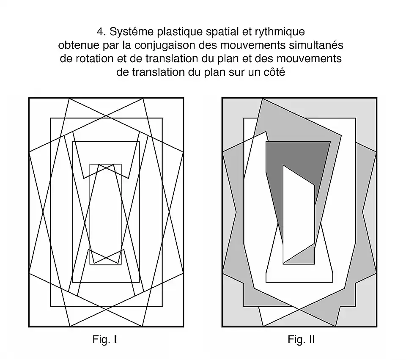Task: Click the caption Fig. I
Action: pyautogui.click(x=104, y=340)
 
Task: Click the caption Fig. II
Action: pyautogui.click(x=301, y=340)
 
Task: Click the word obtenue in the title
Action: pyautogui.click(x=77, y=45)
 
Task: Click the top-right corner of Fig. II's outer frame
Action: pyautogui.click(x=376, y=98)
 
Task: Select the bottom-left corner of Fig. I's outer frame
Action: pyautogui.click(x=29, y=327)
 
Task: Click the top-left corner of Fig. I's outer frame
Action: pyautogui.click(x=29, y=98)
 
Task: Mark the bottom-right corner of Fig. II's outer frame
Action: pyautogui.click(x=376, y=327)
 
